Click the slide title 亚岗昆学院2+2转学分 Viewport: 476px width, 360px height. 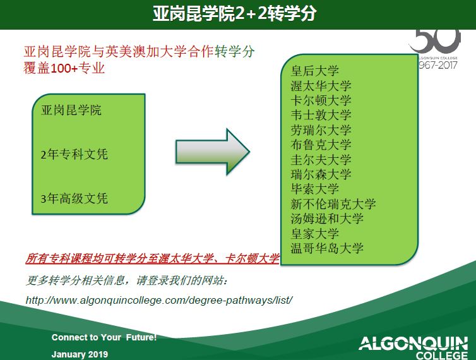[x=234, y=14]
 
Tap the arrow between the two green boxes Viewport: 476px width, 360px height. [x=213, y=152]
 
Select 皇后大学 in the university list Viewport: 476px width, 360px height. [x=314, y=71]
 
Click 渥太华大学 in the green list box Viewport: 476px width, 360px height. [x=321, y=86]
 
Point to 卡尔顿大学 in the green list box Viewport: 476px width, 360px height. [x=321, y=100]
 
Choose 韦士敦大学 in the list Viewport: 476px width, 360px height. [x=321, y=115]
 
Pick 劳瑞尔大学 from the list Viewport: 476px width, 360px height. [x=321, y=130]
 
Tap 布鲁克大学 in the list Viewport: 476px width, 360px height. [x=321, y=145]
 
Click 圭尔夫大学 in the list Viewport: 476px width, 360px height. [x=321, y=160]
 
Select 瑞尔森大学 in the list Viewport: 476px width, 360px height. [x=321, y=174]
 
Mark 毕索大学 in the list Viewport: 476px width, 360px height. [x=314, y=189]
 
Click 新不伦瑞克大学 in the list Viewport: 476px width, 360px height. [x=333, y=204]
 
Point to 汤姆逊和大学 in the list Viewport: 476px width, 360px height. [x=327, y=219]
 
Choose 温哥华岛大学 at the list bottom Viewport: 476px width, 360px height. [x=327, y=248]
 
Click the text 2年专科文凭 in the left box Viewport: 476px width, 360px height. [x=74, y=154]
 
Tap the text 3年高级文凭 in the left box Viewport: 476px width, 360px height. [x=74, y=199]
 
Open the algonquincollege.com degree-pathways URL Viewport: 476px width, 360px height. [x=159, y=301]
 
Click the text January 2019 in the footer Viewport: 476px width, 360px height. [x=80, y=354]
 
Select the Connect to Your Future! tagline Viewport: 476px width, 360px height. [x=104, y=337]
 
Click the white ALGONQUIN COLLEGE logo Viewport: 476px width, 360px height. [x=413, y=347]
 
